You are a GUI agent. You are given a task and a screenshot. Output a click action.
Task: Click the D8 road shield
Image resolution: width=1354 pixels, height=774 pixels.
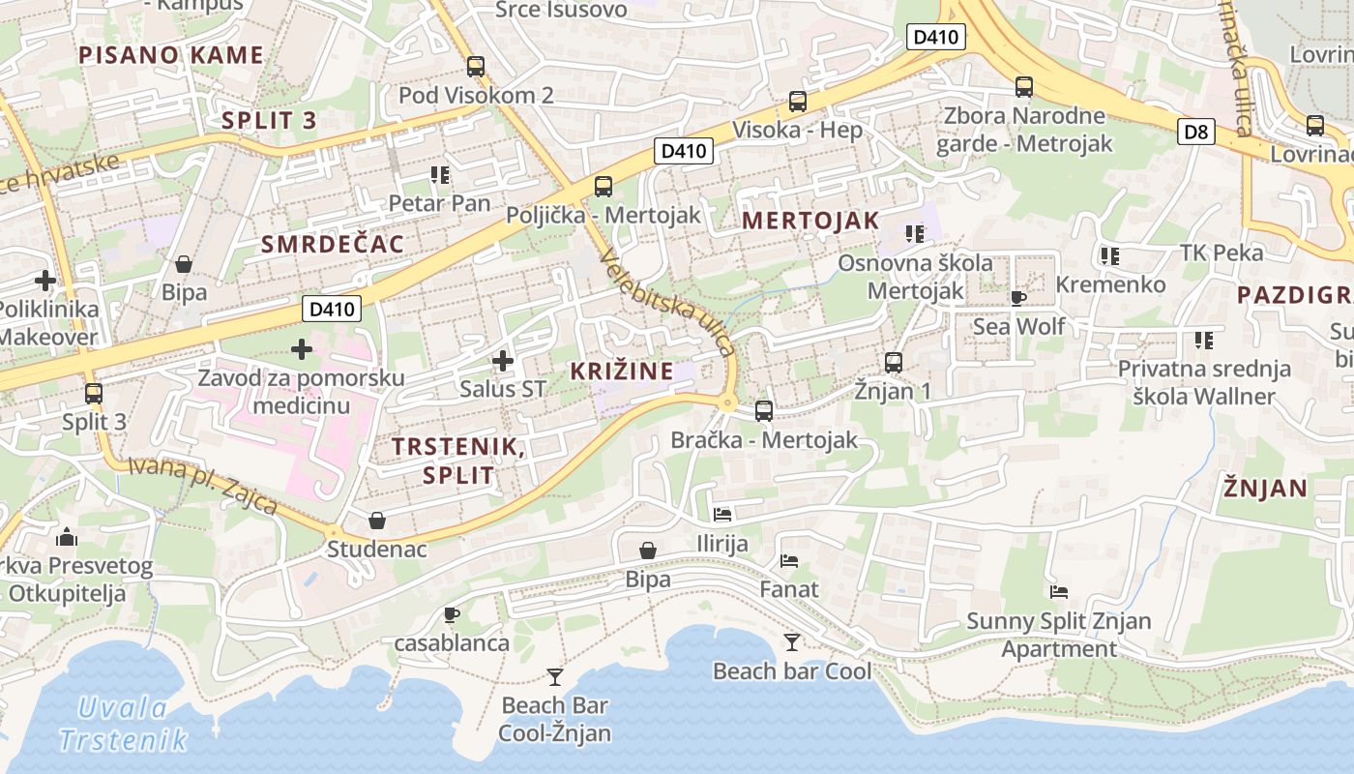pyautogui.click(x=1196, y=132)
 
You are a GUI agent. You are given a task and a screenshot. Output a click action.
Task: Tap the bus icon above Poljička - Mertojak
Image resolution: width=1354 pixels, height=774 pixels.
pyautogui.click(x=603, y=187)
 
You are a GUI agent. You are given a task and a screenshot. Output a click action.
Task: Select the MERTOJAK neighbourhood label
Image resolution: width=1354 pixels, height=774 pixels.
pyautogui.click(x=810, y=221)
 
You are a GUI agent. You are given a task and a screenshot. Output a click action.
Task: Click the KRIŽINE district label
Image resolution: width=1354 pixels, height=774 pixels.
pyautogui.click(x=621, y=371)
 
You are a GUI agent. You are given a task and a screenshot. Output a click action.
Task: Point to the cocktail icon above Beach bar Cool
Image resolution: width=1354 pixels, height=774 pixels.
pyautogui.click(x=792, y=642)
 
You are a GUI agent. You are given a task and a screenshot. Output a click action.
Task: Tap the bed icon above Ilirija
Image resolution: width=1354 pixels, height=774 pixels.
pyautogui.click(x=722, y=515)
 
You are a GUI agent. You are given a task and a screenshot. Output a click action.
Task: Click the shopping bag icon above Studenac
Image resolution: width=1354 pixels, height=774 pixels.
pyautogui.click(x=377, y=521)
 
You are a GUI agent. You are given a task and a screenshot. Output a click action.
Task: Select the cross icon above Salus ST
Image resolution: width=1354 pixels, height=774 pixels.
pyautogui.click(x=502, y=362)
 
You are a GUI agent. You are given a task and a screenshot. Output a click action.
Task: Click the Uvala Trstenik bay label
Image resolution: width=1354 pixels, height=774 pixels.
pyautogui.click(x=123, y=724)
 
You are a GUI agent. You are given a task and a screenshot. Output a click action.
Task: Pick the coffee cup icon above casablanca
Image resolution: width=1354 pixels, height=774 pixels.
pyautogui.click(x=451, y=614)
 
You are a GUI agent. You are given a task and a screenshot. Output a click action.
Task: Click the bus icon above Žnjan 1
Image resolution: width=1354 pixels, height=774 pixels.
pyautogui.click(x=894, y=363)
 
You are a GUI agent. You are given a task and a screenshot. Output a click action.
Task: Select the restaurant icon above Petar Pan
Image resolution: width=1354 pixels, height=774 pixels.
pyautogui.click(x=440, y=175)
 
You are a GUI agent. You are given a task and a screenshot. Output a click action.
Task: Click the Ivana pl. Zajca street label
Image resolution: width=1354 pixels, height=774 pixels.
pyautogui.click(x=202, y=486)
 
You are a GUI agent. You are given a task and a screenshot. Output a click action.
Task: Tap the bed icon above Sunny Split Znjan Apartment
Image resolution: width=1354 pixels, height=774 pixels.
pyautogui.click(x=1059, y=592)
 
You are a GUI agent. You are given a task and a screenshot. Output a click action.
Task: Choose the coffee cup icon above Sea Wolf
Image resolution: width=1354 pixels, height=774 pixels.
pyautogui.click(x=1017, y=298)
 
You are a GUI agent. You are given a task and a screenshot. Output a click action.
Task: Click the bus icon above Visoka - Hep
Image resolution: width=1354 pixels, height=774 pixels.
pyautogui.click(x=798, y=102)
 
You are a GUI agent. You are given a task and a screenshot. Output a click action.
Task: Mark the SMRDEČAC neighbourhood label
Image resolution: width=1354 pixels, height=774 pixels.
pyautogui.click(x=333, y=244)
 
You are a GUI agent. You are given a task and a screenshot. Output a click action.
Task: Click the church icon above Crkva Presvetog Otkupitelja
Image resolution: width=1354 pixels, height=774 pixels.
pyautogui.click(x=67, y=536)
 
